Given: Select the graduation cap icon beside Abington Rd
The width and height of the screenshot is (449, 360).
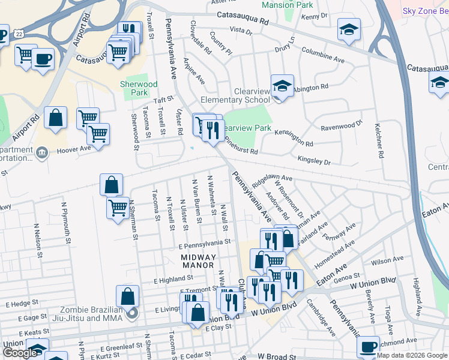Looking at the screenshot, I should point(280,86).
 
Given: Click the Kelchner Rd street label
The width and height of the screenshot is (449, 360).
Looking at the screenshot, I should point(379,142).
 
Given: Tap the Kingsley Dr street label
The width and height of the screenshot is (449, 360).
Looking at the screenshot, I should point(314,160).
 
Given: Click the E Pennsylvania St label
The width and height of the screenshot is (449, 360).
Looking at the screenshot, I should point(205,242).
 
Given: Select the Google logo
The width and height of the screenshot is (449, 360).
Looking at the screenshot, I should point(19,352).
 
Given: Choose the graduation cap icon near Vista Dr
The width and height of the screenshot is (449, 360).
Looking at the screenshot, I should point(348,29).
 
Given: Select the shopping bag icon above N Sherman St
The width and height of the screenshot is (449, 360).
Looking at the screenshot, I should point(112,185).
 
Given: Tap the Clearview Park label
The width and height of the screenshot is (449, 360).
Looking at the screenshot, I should point(247,128).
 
